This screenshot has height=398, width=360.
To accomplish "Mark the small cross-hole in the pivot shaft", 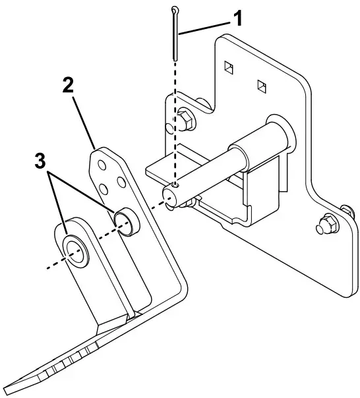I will (x=173, y=186).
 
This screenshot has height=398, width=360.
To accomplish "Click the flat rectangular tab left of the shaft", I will (x=158, y=171).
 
